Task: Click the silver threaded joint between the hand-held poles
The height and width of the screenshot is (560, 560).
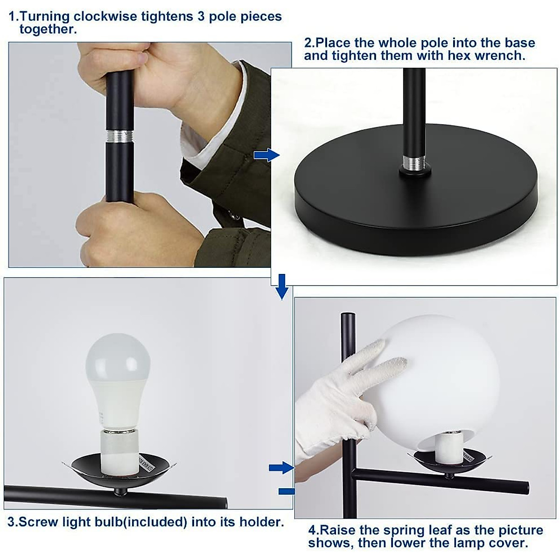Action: pyautogui.click(x=119, y=136)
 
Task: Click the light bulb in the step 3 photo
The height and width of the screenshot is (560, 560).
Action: pyautogui.click(x=118, y=373)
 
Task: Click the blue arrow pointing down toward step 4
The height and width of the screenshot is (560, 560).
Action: pyautogui.click(x=281, y=286)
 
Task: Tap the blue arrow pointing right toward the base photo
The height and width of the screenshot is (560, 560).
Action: pyautogui.click(x=266, y=155)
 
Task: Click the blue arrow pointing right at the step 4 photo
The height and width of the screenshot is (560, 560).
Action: pyautogui.click(x=282, y=467)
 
